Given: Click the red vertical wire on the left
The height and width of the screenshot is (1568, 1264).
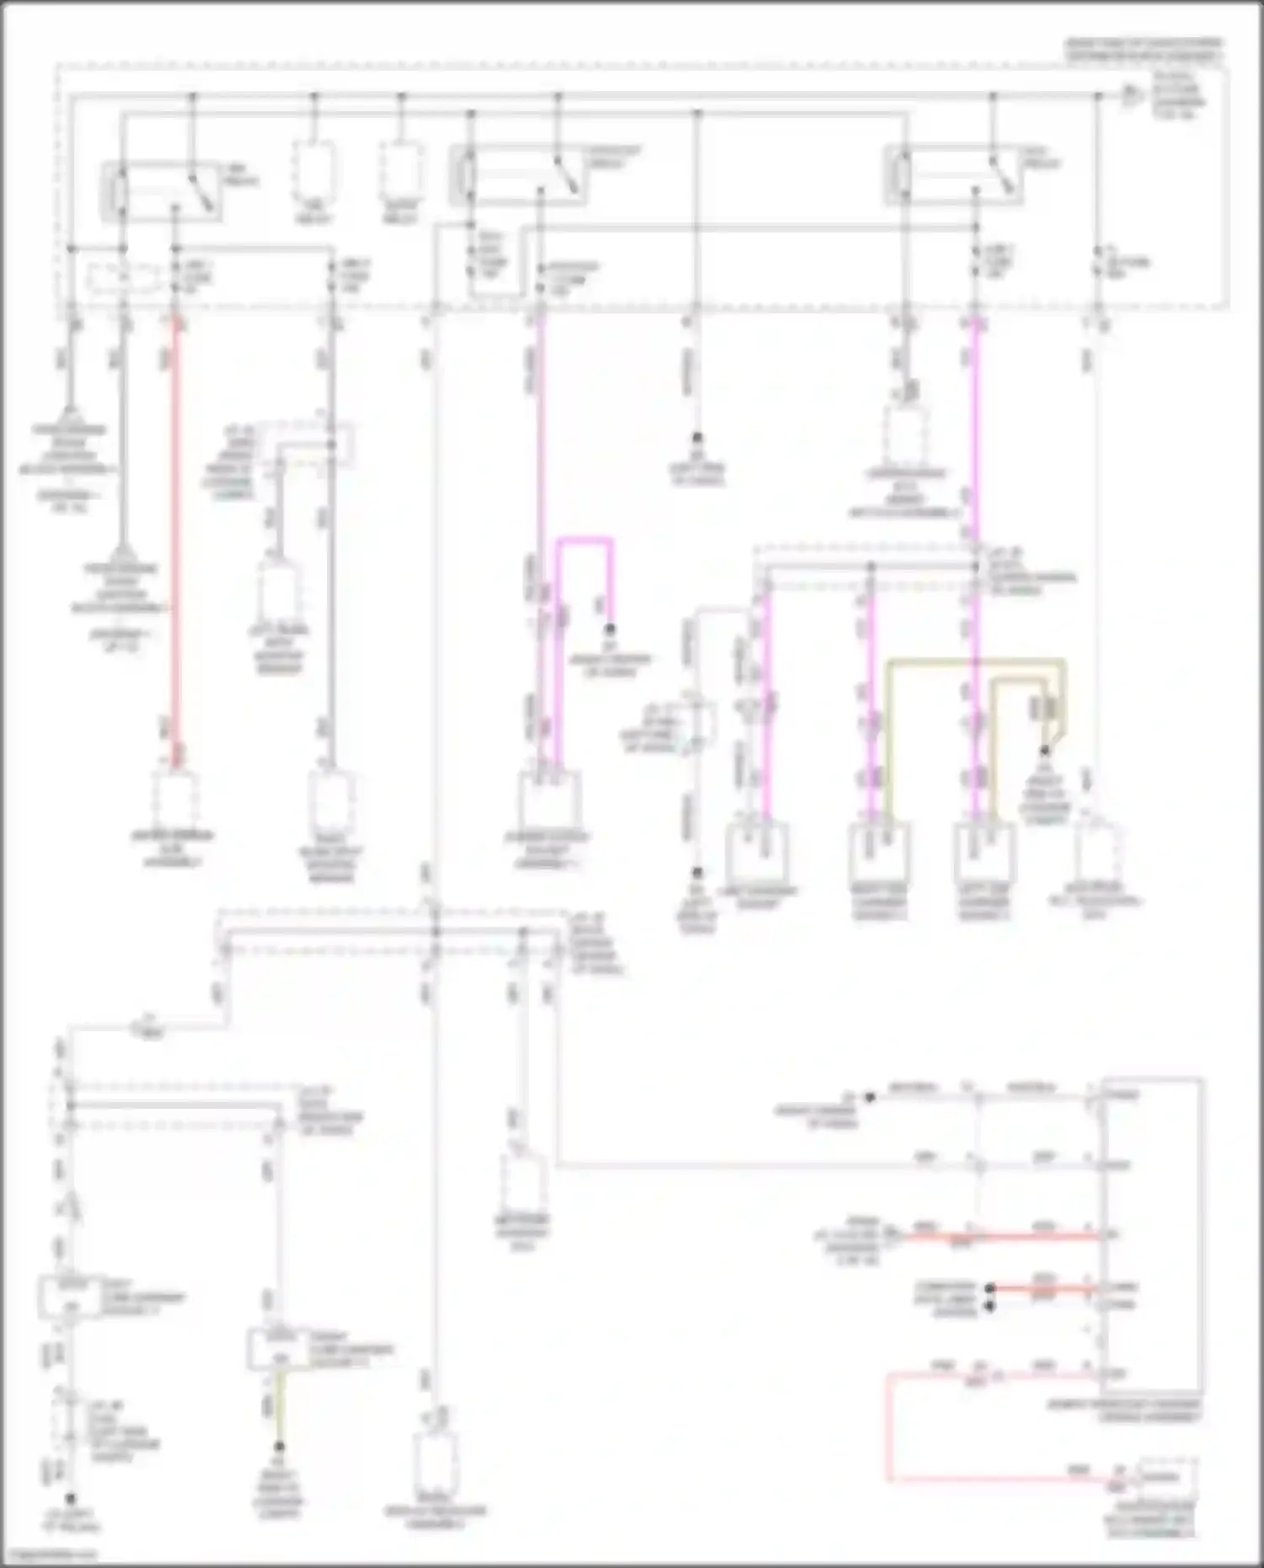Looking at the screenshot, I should point(176,539).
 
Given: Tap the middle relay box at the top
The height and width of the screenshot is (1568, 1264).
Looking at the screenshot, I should point(517,174).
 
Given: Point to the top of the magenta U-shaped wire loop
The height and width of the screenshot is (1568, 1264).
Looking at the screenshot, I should point(584,539).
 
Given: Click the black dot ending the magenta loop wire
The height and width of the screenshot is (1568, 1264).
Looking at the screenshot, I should point(609,629).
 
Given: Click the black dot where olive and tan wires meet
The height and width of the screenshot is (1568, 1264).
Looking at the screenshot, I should point(1045,750).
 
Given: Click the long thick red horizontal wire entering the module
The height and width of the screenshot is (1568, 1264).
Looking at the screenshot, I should point(1003,1236).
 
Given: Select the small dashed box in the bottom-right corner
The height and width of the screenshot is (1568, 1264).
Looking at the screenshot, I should point(1166,1477).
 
